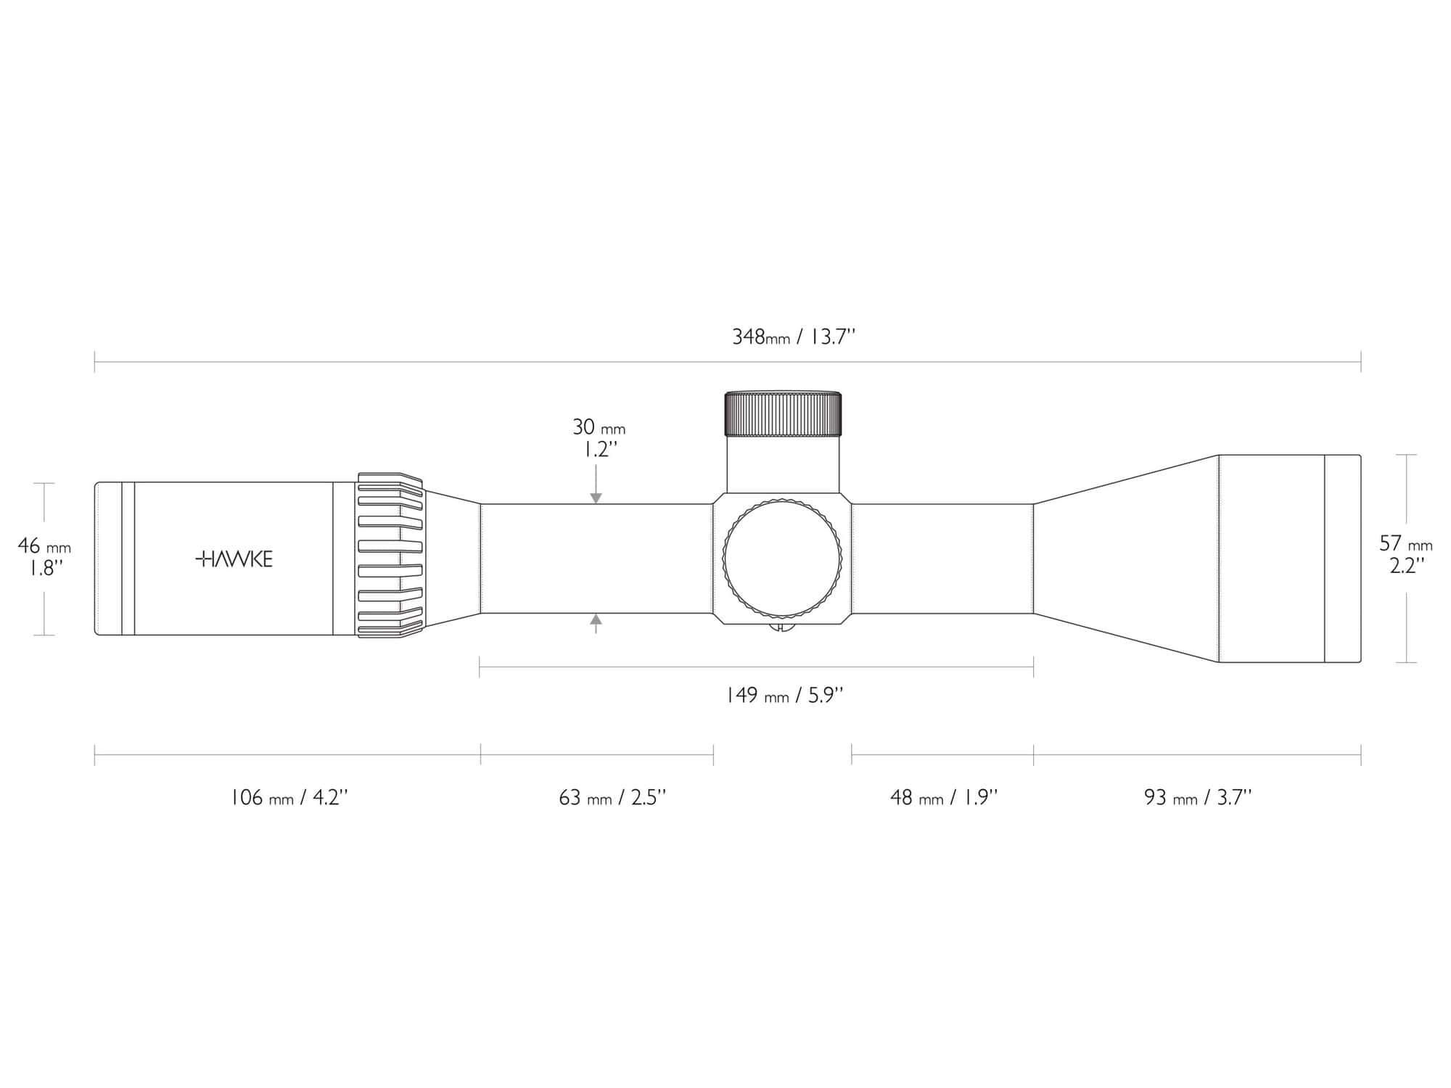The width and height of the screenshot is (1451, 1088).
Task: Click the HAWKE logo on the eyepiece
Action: point(234,559)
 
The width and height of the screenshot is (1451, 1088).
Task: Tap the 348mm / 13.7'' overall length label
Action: point(794,337)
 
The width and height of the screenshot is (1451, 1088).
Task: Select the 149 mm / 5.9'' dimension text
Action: point(784,696)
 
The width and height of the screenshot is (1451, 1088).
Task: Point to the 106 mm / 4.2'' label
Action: point(289,798)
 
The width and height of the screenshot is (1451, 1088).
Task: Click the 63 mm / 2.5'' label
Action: point(612,798)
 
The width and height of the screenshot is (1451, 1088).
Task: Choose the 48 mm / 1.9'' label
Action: point(944,798)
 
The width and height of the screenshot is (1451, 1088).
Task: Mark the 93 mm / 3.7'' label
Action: point(1198,798)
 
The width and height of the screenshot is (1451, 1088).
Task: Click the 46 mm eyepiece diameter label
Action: point(44,545)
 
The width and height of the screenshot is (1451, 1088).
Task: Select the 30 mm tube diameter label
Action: point(599,427)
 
